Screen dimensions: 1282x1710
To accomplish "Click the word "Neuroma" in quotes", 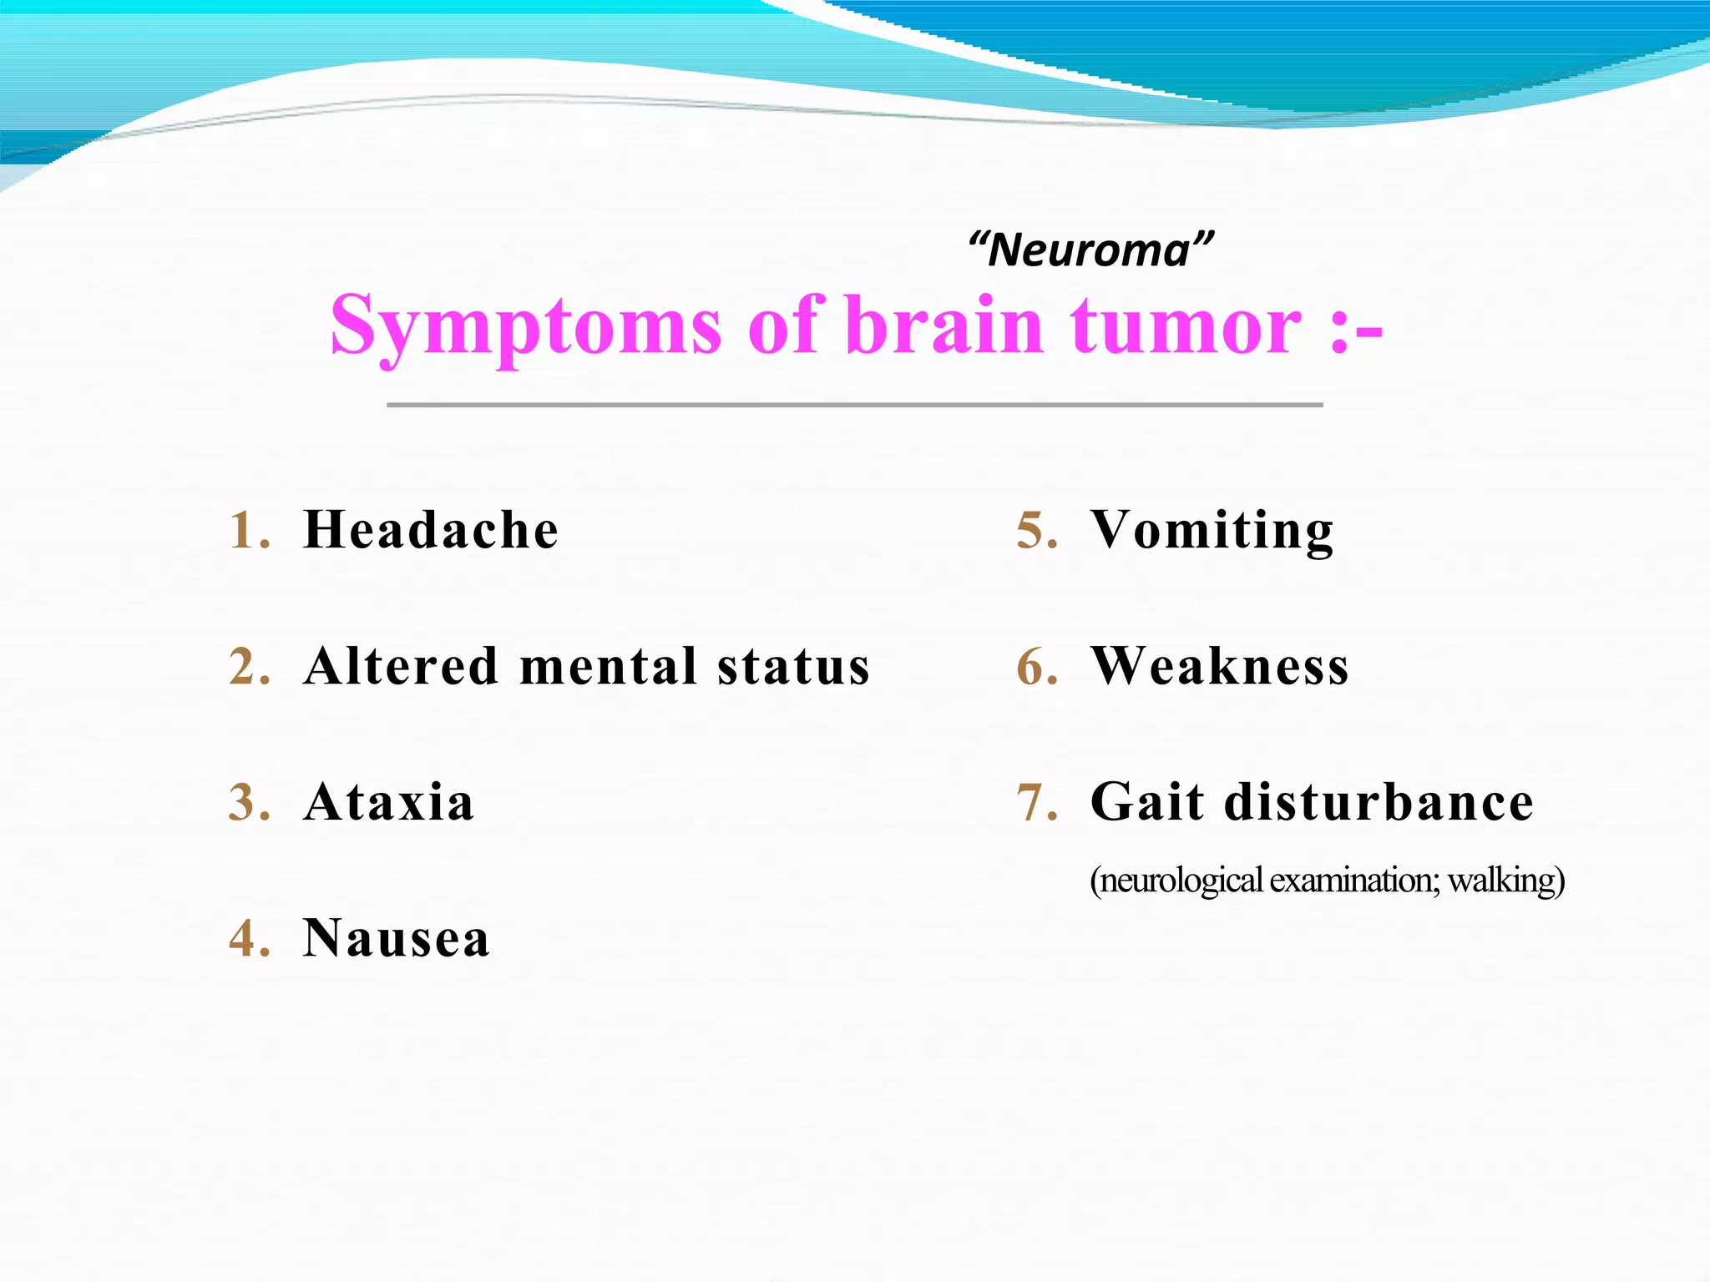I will coord(1090,250).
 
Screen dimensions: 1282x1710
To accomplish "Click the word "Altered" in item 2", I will coord(402,666).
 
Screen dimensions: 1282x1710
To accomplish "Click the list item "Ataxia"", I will coord(389,802).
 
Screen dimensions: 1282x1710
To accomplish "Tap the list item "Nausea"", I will coord(397,938).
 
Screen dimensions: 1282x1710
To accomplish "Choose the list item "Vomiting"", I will coord(1212,531).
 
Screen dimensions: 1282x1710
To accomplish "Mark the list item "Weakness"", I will coord(1220,666).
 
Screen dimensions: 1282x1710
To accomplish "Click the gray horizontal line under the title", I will coord(854,405).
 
